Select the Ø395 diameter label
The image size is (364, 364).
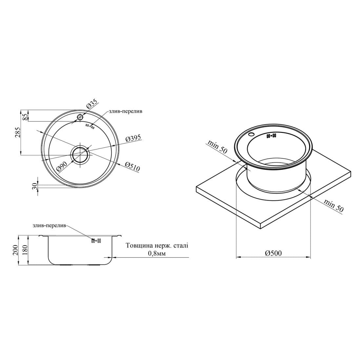[x=133, y=139]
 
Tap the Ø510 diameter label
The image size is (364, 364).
[x=132, y=167]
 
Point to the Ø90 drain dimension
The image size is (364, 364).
[x=62, y=167]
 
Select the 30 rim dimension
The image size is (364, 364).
[x=34, y=186]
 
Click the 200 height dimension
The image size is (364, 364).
[x=15, y=250]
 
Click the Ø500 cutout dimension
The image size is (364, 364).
[x=273, y=253]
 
